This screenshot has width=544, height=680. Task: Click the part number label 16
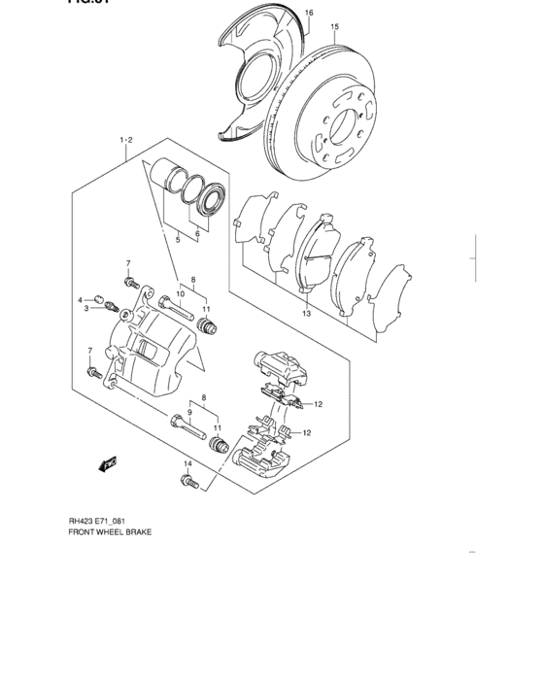click(x=309, y=13)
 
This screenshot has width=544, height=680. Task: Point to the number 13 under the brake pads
click(x=305, y=314)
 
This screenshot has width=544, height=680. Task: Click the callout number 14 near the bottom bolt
click(x=188, y=465)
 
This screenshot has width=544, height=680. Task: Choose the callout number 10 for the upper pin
click(x=181, y=293)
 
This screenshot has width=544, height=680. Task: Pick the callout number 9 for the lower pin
click(x=190, y=412)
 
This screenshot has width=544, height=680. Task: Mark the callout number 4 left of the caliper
click(x=82, y=300)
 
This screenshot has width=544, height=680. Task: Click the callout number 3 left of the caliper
click(x=85, y=309)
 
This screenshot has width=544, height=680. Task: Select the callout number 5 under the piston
click(x=178, y=238)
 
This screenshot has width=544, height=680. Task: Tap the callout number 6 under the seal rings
click(x=198, y=234)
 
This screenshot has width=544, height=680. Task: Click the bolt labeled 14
click(x=187, y=481)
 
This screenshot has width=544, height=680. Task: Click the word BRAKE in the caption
click(x=137, y=533)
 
